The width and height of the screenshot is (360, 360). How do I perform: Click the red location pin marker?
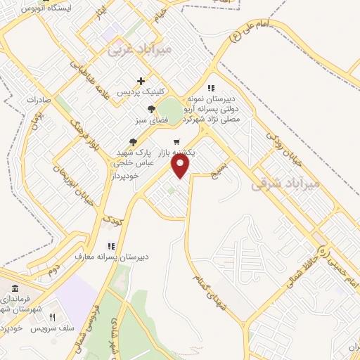click(181, 166)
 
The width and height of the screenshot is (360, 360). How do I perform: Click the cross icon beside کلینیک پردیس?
click(141, 81)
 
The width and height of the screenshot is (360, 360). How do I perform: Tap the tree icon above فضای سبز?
click(151, 109)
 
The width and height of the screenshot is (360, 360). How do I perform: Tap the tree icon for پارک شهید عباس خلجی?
click(134, 142)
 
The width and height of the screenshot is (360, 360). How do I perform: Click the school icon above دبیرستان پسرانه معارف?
click(110, 246)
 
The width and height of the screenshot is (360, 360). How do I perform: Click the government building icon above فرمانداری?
click(15, 289)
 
